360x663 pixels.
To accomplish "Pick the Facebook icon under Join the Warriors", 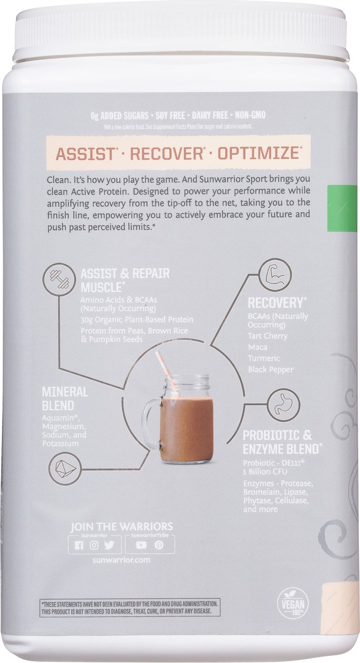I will pyautogui.click(x=80, y=545).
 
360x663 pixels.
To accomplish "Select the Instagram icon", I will pyautogui.click(x=94, y=545).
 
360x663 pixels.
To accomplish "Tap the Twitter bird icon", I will pyautogui.click(x=109, y=545).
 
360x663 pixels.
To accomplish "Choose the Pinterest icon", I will pyautogui.click(x=159, y=545).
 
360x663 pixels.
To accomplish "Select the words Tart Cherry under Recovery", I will pyautogui.click(x=268, y=335).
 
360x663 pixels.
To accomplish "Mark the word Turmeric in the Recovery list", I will pyautogui.click(x=264, y=358).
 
